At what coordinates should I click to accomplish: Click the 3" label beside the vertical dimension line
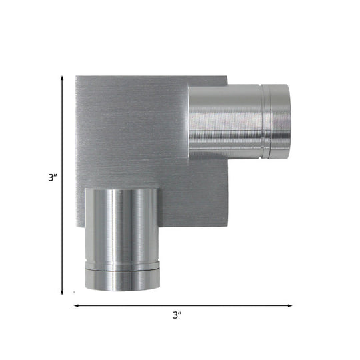(x=51, y=177)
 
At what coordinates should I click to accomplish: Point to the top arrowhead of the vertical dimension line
(x=63, y=76)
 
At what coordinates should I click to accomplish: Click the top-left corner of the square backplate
(x=76, y=75)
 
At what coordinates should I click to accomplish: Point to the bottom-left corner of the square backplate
(x=76, y=225)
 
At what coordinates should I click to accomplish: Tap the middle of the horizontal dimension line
(x=183, y=306)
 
